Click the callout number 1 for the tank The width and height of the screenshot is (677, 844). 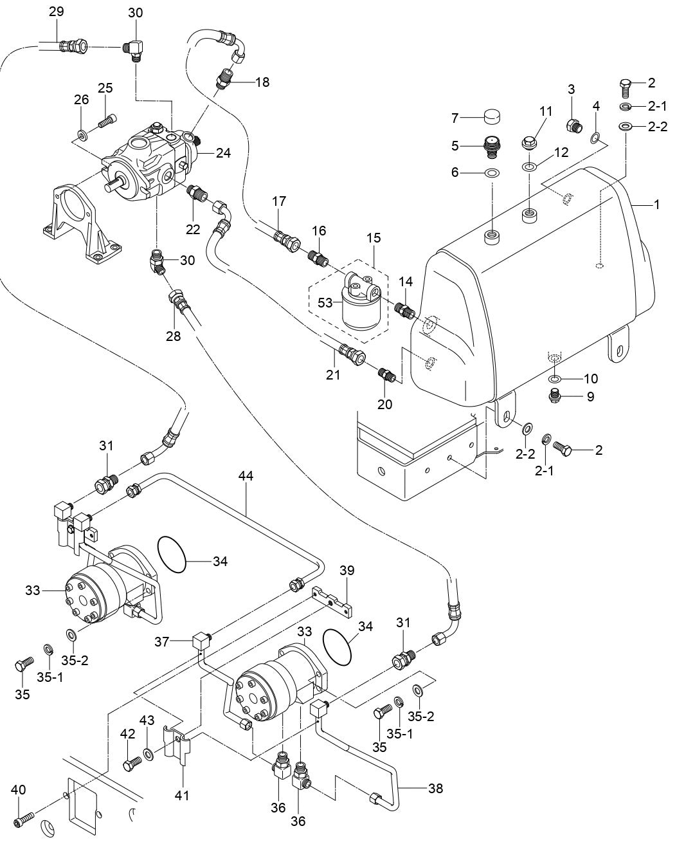656,205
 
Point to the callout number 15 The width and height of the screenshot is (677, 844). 374,237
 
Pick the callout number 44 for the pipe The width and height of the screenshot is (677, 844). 246,476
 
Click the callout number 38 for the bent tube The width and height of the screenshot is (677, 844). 435,788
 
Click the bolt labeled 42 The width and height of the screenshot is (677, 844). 132,764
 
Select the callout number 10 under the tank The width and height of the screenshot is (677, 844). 590,378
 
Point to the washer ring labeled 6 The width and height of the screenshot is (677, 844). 492,173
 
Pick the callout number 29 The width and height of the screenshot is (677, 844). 57,12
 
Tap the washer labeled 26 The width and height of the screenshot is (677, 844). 82,136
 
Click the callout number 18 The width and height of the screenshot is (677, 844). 262,82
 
